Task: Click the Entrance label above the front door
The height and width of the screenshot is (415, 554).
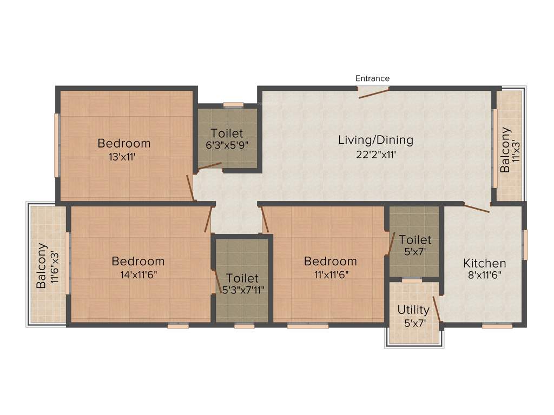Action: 372,78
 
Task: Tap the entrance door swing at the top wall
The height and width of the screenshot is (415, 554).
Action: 374,93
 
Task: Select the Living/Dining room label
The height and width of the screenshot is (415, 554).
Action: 375,140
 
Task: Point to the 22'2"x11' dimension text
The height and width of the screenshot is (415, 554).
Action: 375,154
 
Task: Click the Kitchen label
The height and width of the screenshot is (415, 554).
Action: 484,263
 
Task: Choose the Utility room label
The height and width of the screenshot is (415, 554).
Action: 413,310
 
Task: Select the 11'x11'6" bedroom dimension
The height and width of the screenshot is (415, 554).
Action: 331,274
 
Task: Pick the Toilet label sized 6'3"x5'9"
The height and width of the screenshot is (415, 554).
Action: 227,133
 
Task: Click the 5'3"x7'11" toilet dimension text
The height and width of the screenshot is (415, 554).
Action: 243,290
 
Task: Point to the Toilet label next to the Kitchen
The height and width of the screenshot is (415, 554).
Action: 415,239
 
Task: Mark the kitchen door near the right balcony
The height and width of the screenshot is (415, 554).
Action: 477,208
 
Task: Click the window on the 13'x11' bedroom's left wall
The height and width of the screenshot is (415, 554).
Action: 56,145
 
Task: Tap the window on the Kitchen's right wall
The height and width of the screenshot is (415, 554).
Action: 524,244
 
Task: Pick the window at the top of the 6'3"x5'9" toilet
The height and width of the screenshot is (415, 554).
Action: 233,105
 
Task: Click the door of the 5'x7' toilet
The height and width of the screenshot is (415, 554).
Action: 391,243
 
